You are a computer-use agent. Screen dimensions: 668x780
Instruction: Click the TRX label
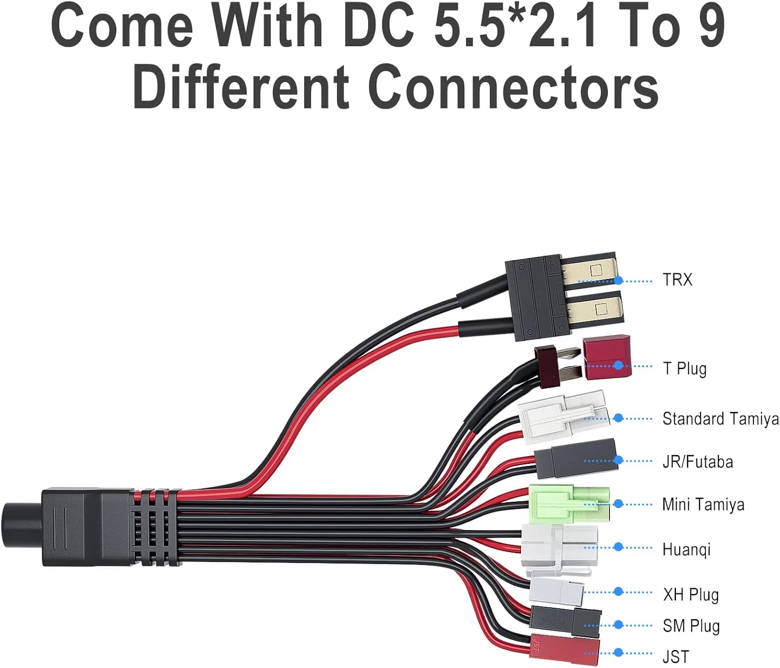pos(677,280)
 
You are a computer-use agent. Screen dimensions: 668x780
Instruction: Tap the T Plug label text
pos(684,368)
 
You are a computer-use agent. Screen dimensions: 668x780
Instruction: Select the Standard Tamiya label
pos(720,419)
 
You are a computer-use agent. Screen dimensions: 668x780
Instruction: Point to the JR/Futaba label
pos(697,461)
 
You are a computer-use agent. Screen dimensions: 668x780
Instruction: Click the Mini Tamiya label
pos(703,504)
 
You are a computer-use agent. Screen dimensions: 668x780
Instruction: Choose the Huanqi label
pos(686,549)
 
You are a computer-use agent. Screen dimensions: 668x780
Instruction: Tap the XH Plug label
pos(691,594)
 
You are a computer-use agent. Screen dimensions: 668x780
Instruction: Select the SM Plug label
pos(691,626)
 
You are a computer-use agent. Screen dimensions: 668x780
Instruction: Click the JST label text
pos(675,656)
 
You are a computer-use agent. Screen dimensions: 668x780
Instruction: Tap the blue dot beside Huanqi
pos(618,547)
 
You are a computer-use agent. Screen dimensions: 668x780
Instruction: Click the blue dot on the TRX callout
pos(618,280)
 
